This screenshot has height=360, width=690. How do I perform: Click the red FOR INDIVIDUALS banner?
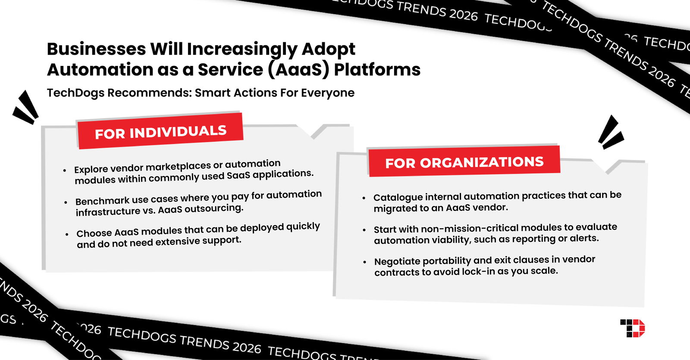coord(160,131)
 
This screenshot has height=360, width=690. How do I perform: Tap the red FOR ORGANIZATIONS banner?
coord(464,162)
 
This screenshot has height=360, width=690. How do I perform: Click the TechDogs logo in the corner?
coord(633,328)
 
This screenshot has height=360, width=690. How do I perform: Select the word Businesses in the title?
coord(96,49)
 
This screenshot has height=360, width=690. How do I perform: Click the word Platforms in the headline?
coord(377,70)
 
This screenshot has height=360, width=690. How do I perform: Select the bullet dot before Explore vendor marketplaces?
coord(65,171)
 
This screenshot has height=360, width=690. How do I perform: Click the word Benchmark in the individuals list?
coord(102,201)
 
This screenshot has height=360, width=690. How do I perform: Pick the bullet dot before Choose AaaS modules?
coord(67,235)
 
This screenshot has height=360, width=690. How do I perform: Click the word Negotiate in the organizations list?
coord(397,261)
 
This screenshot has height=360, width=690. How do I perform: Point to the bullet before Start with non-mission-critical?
coord(364,230)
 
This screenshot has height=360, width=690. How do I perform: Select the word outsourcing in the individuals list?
coord(214,209)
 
